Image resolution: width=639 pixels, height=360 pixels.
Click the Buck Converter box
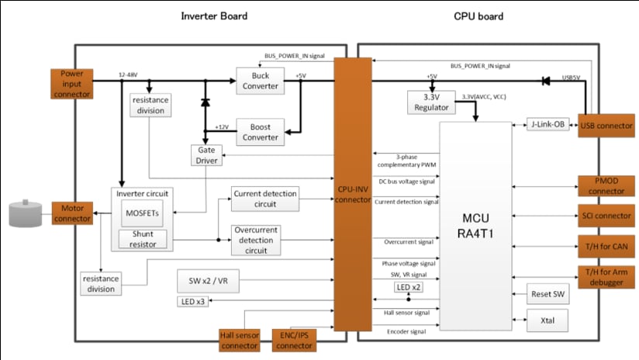point(259,80)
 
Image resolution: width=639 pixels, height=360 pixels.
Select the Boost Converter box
point(259,133)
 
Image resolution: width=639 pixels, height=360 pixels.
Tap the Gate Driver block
point(206,154)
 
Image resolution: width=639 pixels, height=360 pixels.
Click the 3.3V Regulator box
point(430,102)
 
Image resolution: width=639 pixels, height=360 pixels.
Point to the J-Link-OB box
point(547,125)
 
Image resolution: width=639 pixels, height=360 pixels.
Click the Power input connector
point(72,83)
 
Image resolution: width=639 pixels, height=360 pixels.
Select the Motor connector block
point(72,213)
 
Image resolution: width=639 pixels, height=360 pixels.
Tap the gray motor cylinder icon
point(25,215)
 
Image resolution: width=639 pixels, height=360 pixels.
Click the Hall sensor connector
point(241,339)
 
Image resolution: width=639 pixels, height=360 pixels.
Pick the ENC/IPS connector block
point(294,339)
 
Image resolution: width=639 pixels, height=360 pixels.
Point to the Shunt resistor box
point(142,240)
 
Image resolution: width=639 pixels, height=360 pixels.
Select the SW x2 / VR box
point(208,282)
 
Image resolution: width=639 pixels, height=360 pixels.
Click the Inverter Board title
point(214,16)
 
